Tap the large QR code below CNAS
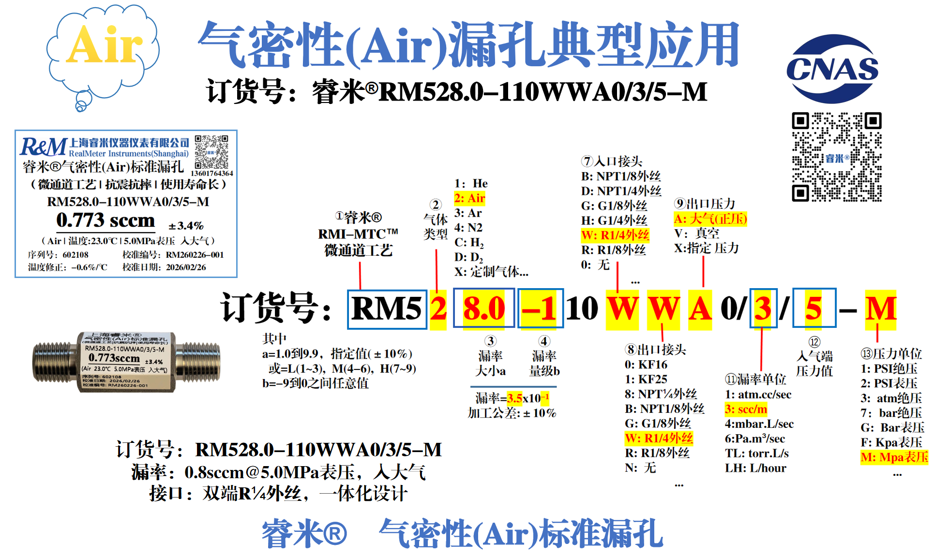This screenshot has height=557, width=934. pyautogui.click(x=836, y=157)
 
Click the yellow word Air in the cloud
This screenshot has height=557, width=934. pyautogui.click(x=104, y=45)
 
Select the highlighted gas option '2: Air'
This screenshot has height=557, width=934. pyautogui.click(x=469, y=198)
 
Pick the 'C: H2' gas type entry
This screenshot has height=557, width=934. pyautogui.click(x=469, y=242)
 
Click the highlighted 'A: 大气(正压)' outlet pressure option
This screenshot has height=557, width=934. pyautogui.click(x=710, y=219)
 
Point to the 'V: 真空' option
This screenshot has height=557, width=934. pyautogui.click(x=696, y=234)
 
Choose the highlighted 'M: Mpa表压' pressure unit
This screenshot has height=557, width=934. pyautogui.click(x=894, y=457)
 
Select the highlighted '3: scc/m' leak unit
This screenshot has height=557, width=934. pyautogui.click(x=746, y=410)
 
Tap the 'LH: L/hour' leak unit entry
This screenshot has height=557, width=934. pyautogui.click(x=755, y=468)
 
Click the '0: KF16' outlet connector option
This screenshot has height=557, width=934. pyautogui.click(x=646, y=365)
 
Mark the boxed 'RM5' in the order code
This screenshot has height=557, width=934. pyautogui.click(x=387, y=308)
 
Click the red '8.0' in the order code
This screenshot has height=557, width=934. pyautogui.click(x=483, y=308)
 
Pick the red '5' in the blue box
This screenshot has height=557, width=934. pyautogui.click(x=813, y=308)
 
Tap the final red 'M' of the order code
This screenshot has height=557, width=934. pyautogui.click(x=881, y=308)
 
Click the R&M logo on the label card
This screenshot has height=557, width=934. pyautogui.click(x=43, y=147)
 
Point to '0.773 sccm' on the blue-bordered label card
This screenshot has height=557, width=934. pyautogui.click(x=105, y=220)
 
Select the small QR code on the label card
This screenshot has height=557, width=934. pyautogui.click(x=211, y=152)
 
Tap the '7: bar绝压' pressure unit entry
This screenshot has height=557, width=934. pyautogui.click(x=891, y=413)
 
